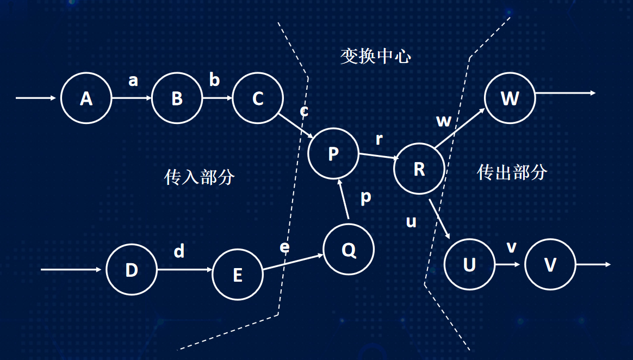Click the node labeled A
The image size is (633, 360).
pyautogui.click(x=86, y=98)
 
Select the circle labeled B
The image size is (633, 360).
pyautogui.click(x=177, y=98)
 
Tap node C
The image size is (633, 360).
pyautogui.click(x=258, y=98)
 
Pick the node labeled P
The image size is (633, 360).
pyautogui.click(x=333, y=154)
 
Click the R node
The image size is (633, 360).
pyautogui.click(x=419, y=169)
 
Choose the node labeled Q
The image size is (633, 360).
pyautogui.click(x=349, y=250)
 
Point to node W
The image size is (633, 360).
pyautogui.click(x=510, y=98)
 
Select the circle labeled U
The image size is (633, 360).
pyautogui.click(x=469, y=265)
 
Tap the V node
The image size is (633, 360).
pyautogui.click(x=550, y=265)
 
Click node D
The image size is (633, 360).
pyautogui.click(x=131, y=270)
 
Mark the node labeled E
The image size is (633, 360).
pyautogui.click(x=237, y=275)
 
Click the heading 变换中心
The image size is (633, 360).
pyautogui.click(x=375, y=56)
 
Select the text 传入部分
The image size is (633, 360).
pyautogui.click(x=199, y=177)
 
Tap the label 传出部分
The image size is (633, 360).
pyautogui.click(x=512, y=172)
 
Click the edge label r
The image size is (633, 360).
pyautogui.click(x=379, y=139)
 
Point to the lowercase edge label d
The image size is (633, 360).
pyautogui.click(x=179, y=251)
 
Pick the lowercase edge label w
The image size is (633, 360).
pyautogui.click(x=444, y=121)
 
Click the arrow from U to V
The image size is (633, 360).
pyautogui.click(x=510, y=265)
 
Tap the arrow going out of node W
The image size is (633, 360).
pyautogui.click(x=565, y=93)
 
